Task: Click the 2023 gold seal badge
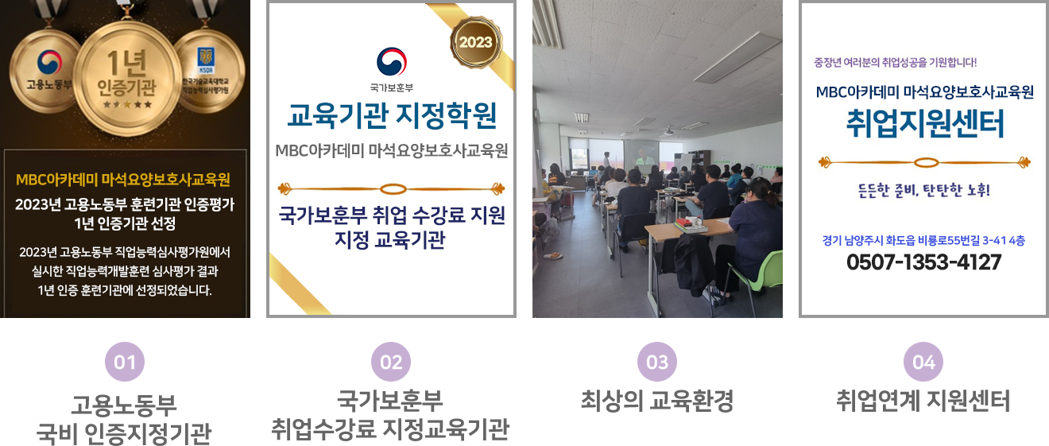click(476, 42)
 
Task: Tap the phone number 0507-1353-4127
click(923, 262)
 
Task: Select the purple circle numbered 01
click(125, 362)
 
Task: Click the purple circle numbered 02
click(391, 362)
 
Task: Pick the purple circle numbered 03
click(657, 362)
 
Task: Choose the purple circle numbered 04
click(923, 362)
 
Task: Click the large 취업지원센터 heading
click(925, 124)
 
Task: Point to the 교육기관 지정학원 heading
click(392, 115)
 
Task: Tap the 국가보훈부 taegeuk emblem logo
click(392, 61)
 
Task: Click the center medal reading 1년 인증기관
click(126, 78)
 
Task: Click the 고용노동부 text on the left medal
click(48, 85)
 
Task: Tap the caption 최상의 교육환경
click(657, 401)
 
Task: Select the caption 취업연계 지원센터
click(923, 401)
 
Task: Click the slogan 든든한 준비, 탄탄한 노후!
click(923, 190)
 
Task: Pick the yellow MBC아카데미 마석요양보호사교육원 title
click(122, 180)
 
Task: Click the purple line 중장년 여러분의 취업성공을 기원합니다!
click(896, 62)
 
